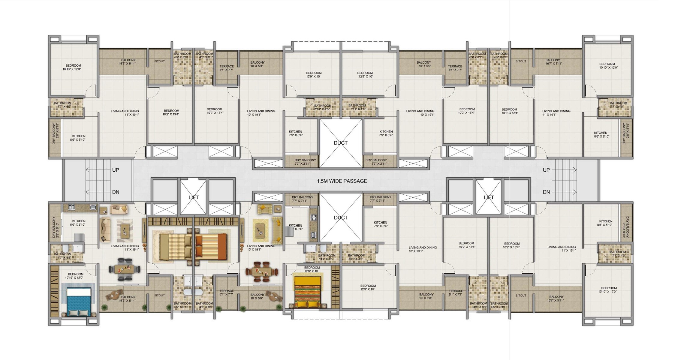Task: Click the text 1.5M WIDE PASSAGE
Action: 342,181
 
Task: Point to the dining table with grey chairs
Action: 124,269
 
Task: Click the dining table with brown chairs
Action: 261,272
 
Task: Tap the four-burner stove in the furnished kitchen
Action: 71,207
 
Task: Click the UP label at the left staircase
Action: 116,170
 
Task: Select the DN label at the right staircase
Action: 546,192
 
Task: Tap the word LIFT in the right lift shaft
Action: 489,197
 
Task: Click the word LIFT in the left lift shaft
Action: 193,197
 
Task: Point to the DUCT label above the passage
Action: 341,143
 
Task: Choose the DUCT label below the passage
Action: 341,217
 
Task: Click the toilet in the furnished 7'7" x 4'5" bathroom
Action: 66,249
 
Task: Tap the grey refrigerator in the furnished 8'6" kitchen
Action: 79,237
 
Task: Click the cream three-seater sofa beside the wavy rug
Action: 105,229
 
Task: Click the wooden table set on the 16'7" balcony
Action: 115,295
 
